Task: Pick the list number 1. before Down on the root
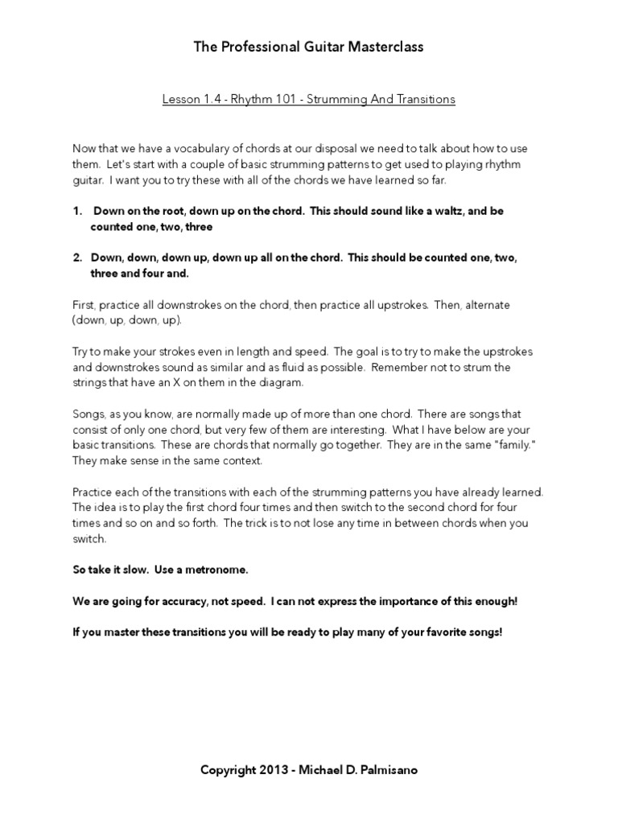pyautogui.click(x=77, y=211)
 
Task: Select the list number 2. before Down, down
pyautogui.click(x=77, y=258)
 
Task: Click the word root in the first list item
pyautogui.click(x=172, y=211)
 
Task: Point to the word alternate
pyautogui.click(x=487, y=306)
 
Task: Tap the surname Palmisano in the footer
pyautogui.click(x=389, y=770)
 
